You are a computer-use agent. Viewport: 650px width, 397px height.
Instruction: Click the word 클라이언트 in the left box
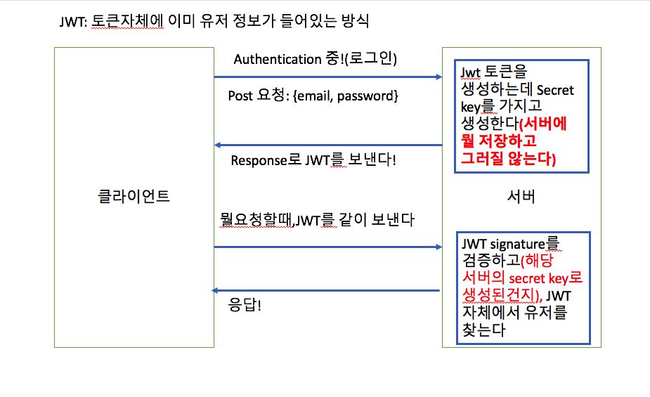pos(134,196)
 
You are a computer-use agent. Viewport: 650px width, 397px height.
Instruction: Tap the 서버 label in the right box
pos(521,196)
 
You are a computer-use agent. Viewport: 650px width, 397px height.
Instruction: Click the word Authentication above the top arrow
pos(278,59)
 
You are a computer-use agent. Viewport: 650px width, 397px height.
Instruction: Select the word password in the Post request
pos(365,96)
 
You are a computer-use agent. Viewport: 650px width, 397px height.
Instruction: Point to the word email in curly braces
pos(314,96)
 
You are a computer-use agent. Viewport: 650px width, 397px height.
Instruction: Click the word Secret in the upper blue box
pos(555,90)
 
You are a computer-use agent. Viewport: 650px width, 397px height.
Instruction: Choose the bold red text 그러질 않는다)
pos(508,160)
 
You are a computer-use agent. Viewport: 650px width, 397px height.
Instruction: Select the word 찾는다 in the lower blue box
pos(483,328)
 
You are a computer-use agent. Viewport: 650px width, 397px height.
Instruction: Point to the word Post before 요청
pos(240,96)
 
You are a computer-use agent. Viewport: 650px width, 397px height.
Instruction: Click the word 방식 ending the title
pos(356,22)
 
